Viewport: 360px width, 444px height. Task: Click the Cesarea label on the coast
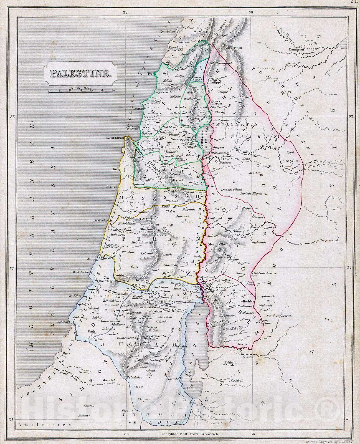coord(110,187)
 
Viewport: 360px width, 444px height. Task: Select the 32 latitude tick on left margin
coord(12,268)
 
